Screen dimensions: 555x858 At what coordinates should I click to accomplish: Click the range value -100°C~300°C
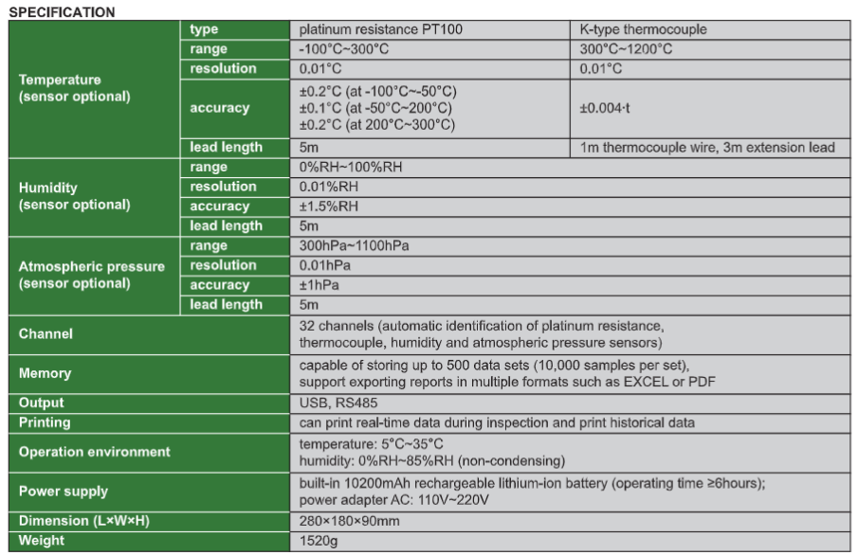coord(344,48)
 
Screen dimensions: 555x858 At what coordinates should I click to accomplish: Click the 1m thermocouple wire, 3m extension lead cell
coord(707,147)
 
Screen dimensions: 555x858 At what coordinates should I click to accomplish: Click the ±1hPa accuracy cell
coord(319,285)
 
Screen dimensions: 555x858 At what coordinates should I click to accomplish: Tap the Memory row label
coord(46,373)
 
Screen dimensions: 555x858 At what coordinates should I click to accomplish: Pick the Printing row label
coord(45,422)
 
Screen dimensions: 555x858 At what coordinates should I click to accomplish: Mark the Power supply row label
coord(63,491)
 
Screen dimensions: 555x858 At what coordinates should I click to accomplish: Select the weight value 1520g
coord(317,540)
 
